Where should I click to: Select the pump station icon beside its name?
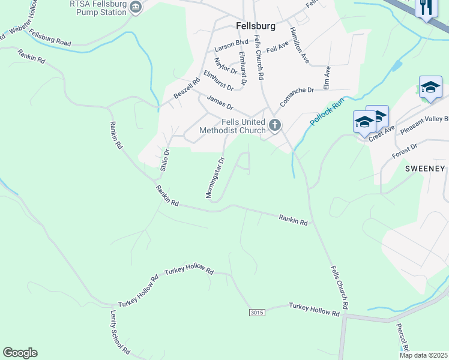point(136,7)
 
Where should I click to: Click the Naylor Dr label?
point(226,62)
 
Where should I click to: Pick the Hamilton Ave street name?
point(299,45)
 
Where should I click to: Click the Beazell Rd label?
point(187,89)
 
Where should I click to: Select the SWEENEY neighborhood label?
point(424,169)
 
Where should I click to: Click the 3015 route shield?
point(256,313)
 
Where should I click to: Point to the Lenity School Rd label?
point(119,331)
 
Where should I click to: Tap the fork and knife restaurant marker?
point(427,8)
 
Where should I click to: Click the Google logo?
point(20,353)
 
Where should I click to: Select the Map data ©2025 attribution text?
point(423,355)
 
